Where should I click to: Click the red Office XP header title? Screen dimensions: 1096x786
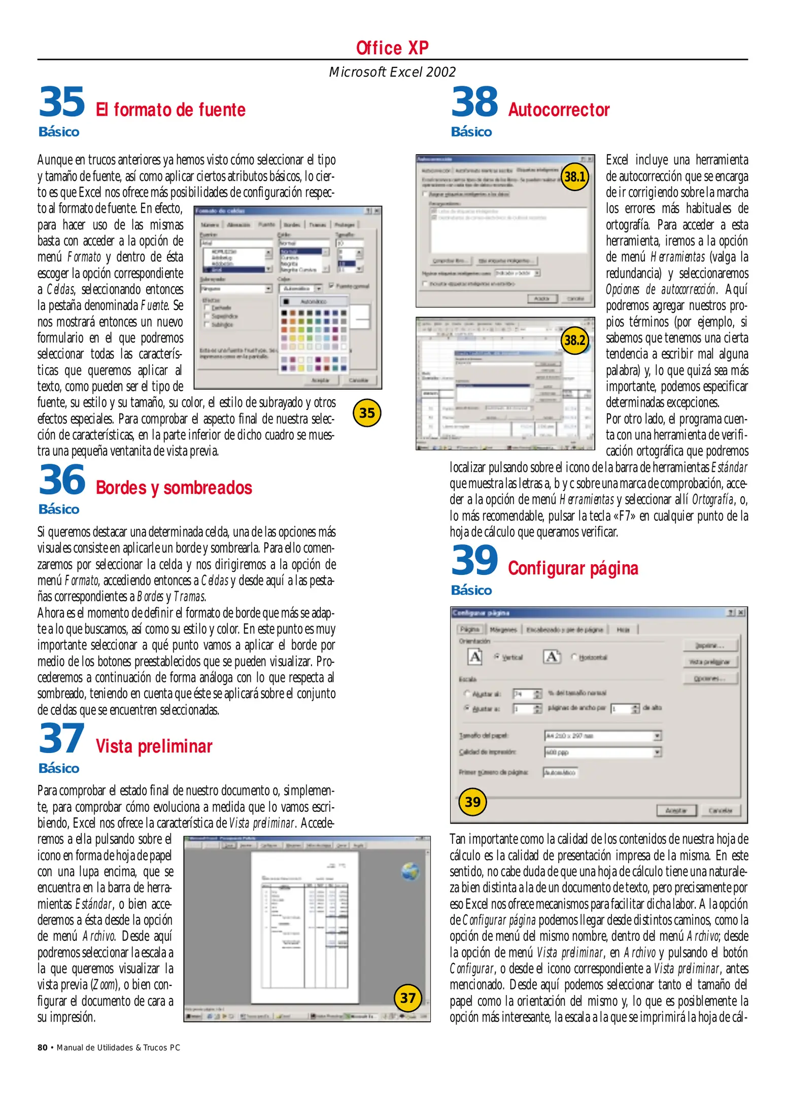click(392, 48)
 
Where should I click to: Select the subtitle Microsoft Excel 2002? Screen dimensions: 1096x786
click(392, 72)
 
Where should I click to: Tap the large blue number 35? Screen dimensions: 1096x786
click(62, 101)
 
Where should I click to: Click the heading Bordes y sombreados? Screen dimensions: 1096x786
click(174, 488)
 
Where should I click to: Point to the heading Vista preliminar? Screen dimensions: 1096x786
click(154, 746)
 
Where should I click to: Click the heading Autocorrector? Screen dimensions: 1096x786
click(559, 110)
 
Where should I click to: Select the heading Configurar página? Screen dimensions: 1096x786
click(573, 568)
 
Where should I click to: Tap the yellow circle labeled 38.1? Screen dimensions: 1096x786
click(575, 177)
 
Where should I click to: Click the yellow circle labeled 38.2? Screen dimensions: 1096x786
click(575, 340)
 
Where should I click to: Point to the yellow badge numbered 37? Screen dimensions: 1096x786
click(408, 998)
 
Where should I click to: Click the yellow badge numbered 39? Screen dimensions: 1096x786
click(472, 802)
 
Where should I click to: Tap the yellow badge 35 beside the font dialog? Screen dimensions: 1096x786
click(367, 413)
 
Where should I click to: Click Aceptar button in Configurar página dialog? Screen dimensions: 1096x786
click(676, 810)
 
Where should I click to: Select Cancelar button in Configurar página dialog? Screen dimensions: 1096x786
click(720, 810)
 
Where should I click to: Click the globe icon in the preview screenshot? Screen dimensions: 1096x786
click(410, 872)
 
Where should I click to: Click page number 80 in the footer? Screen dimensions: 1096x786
click(43, 1048)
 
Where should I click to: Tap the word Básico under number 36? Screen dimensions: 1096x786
click(59, 509)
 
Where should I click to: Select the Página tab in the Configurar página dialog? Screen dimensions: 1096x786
click(469, 629)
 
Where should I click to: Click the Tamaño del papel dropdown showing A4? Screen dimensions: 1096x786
click(602, 736)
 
